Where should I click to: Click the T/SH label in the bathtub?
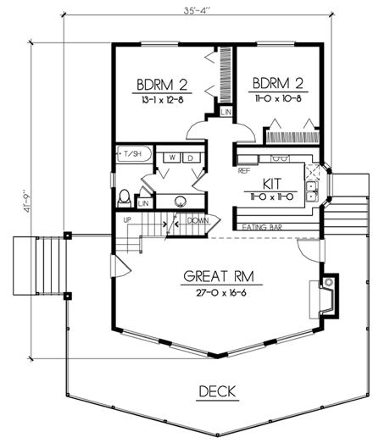tap(134, 155)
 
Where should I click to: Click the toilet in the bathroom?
tap(125, 197)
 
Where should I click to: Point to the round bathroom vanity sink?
tap(181, 201)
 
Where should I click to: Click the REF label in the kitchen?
tap(245, 170)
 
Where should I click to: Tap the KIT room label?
tap(271, 182)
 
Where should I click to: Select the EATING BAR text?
tap(262, 226)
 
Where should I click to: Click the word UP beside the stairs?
tap(128, 219)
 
